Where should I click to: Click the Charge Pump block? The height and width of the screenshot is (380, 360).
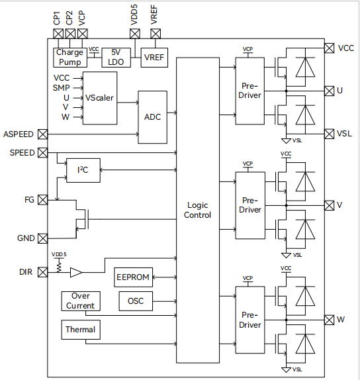(x=69, y=57)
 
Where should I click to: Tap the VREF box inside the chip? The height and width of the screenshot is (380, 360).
(x=154, y=58)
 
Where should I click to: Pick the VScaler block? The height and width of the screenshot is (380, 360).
(x=99, y=97)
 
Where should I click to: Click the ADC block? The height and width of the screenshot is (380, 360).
(x=152, y=117)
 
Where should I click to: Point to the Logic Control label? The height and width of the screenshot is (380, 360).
(x=197, y=211)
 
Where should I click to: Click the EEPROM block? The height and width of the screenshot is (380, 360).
(x=133, y=276)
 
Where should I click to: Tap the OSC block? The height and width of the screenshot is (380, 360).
(x=136, y=301)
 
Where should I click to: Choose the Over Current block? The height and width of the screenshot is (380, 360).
(x=80, y=301)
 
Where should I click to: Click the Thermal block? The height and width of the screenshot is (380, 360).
(x=80, y=329)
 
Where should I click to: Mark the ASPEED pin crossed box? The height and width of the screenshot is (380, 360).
(x=43, y=134)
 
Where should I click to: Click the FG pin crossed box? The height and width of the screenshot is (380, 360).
(x=43, y=199)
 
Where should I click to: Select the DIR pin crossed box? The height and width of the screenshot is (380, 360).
(x=43, y=272)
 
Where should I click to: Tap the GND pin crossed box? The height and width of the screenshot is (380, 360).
(x=43, y=238)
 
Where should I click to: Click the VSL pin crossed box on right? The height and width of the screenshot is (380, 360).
(x=329, y=133)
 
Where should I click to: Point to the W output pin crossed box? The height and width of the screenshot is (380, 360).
(x=329, y=320)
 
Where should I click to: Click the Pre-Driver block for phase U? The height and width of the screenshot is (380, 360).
(x=250, y=90)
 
